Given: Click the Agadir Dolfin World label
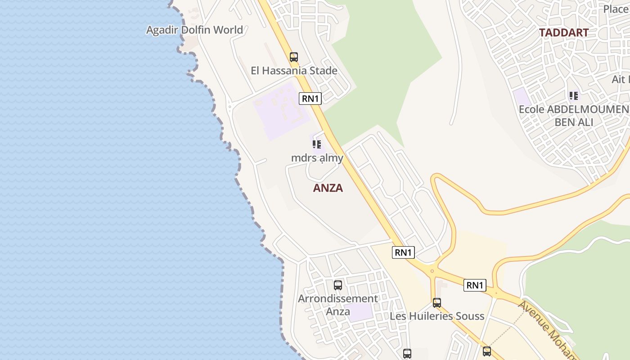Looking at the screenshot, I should click(194, 30).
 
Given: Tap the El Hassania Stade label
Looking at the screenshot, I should click(294, 71).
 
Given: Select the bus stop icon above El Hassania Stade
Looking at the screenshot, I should click(294, 57).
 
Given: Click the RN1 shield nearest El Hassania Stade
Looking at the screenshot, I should click(310, 99).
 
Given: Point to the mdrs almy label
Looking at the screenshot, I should click(317, 158).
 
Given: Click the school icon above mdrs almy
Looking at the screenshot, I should click(317, 144).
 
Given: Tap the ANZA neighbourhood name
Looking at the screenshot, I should click(328, 188).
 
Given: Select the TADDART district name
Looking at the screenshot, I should click(564, 33).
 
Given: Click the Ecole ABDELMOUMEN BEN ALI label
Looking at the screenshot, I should click(574, 116).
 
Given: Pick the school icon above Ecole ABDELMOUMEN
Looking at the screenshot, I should click(573, 95).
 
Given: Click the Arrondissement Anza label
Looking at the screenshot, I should click(338, 305).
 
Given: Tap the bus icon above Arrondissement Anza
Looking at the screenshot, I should click(338, 285).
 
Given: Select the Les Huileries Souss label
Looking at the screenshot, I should click(437, 316).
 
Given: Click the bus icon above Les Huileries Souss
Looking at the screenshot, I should click(437, 303).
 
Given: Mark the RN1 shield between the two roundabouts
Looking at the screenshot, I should click(475, 285).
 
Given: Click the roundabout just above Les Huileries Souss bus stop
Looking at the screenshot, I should click(432, 271).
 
